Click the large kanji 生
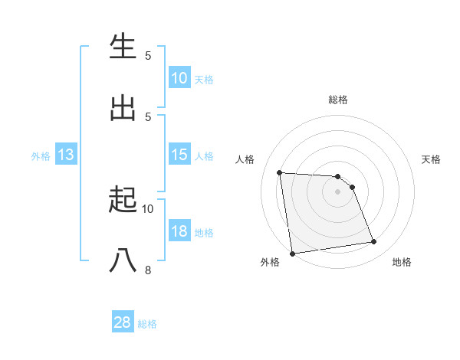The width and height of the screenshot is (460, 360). [x=123, y=47]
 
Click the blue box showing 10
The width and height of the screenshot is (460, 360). [x=179, y=78]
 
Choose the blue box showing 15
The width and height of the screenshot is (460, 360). [x=179, y=155]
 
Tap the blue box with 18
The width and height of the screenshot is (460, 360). [x=179, y=231]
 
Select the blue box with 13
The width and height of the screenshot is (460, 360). [x=65, y=155]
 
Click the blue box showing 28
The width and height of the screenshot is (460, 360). [x=123, y=322]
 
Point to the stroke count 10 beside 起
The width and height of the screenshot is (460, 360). [x=148, y=208]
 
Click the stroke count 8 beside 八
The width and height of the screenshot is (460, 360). [x=148, y=270]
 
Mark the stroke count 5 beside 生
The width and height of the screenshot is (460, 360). [x=148, y=55]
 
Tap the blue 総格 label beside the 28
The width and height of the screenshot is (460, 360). [x=147, y=324]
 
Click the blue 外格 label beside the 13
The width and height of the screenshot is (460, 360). [x=41, y=155]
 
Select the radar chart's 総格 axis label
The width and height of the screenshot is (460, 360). [x=338, y=100]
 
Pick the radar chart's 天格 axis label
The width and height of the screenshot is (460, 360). [x=431, y=159]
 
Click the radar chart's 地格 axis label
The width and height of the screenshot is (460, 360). [x=402, y=262]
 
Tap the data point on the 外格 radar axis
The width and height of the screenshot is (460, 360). [x=292, y=253]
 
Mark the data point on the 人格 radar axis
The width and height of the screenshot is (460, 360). [x=280, y=172]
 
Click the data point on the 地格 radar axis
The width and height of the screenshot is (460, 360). [x=373, y=242]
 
